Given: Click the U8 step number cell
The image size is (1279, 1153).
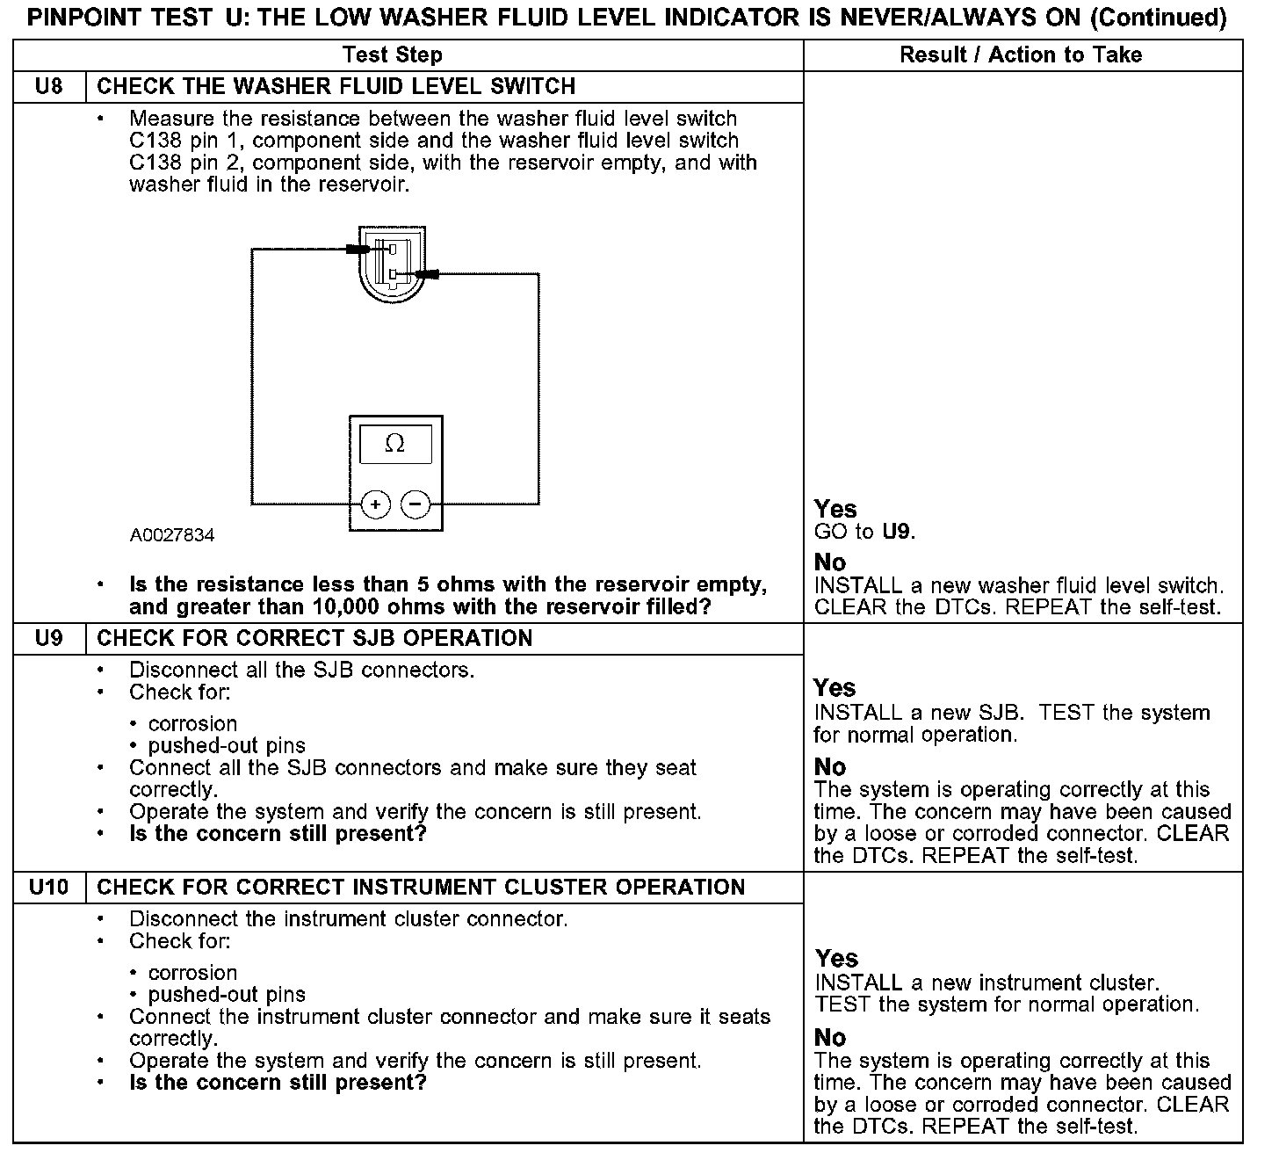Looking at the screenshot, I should point(49,87).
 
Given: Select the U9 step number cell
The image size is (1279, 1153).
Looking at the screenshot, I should point(49,638).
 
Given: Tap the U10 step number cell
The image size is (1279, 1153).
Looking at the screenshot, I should point(49,887).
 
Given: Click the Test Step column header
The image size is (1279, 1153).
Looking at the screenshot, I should point(392,55).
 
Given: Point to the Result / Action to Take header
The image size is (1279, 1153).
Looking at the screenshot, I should point(1021,55).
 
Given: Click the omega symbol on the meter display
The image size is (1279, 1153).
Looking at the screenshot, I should point(395,445).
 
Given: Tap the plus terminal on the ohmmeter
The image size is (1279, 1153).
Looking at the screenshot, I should point(375,504).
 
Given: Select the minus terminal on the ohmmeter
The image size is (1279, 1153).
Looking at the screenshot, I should point(415,504).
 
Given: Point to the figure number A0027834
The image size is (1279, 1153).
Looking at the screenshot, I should point(172,535).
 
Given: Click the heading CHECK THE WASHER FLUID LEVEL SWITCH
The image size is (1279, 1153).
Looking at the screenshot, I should point(336,87).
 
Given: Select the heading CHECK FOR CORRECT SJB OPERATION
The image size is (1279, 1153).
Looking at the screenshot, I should point(314,638).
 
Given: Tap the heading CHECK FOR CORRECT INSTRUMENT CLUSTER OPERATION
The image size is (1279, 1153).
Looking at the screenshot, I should point(421,887).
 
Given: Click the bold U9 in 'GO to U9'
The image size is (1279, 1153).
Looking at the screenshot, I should point(898,532).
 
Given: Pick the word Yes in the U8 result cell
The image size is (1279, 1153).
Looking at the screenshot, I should point(835,509).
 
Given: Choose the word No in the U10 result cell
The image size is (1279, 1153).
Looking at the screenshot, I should point(830,1038).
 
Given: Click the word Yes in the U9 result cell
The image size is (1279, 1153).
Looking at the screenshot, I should point(835,687).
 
